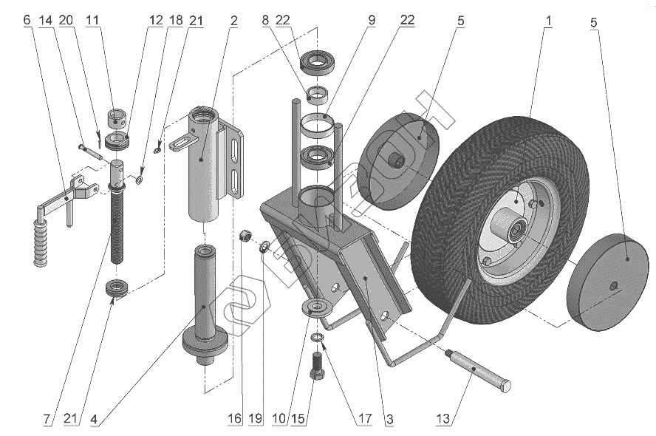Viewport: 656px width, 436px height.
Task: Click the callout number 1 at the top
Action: pos(547,21)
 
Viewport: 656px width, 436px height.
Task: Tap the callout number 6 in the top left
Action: pos(27,21)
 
